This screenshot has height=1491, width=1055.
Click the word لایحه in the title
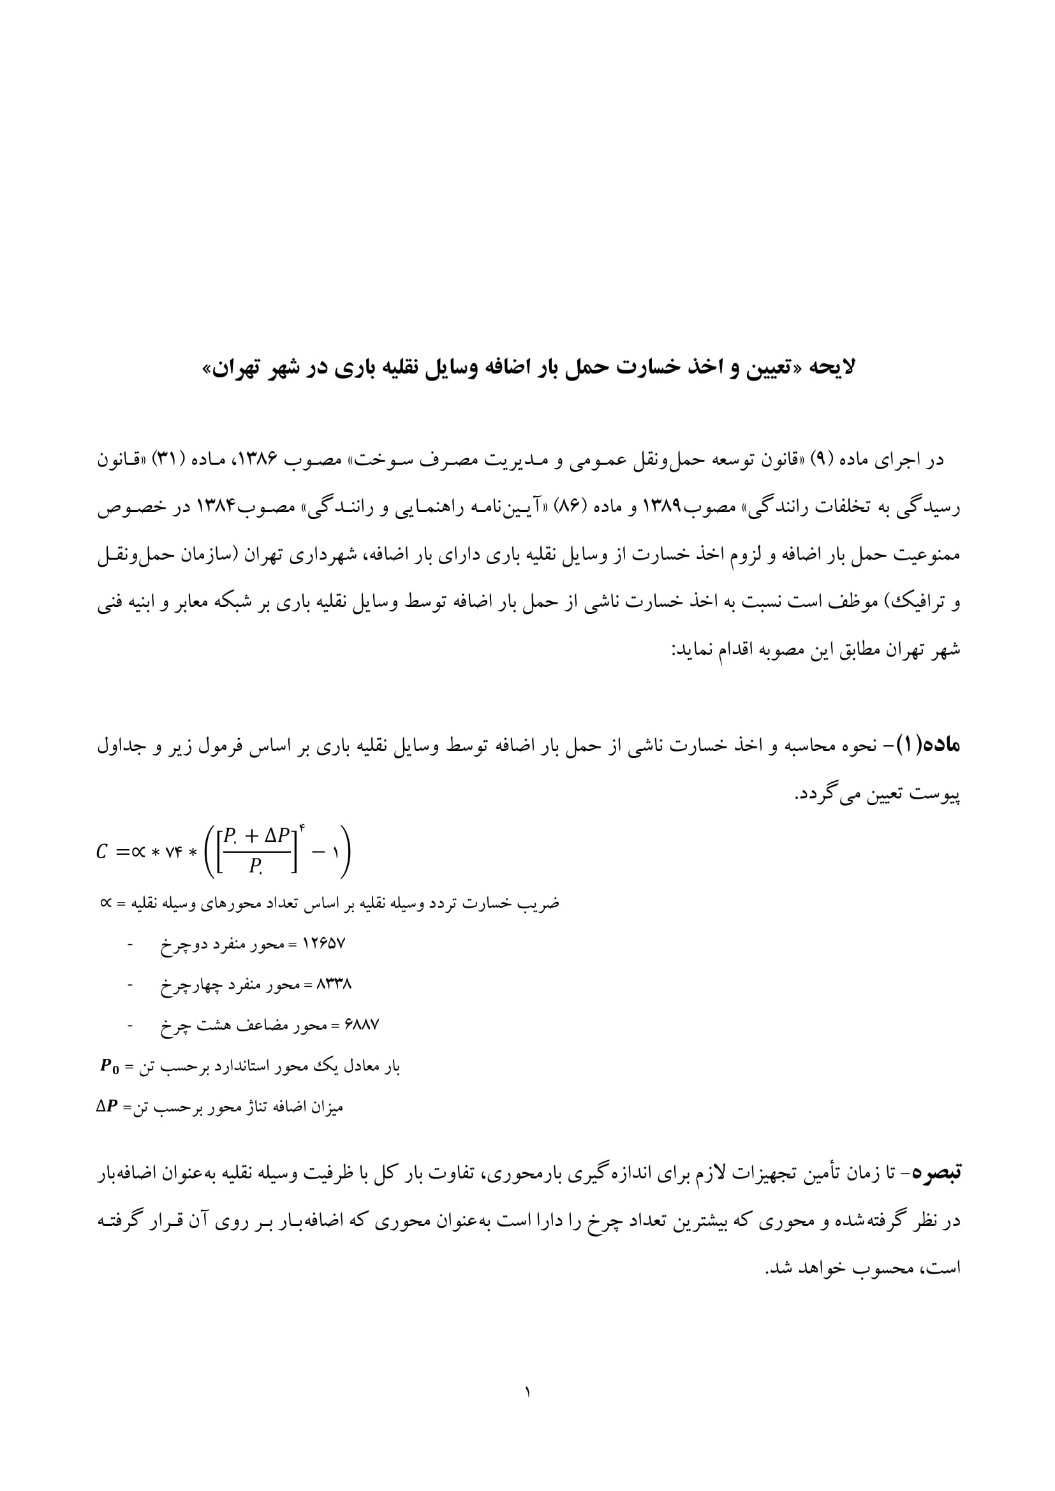coord(832,368)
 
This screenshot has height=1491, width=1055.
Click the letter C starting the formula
coord(102,852)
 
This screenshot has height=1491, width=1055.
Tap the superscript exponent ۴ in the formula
coord(303,828)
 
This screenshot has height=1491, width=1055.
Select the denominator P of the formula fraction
coord(255,866)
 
